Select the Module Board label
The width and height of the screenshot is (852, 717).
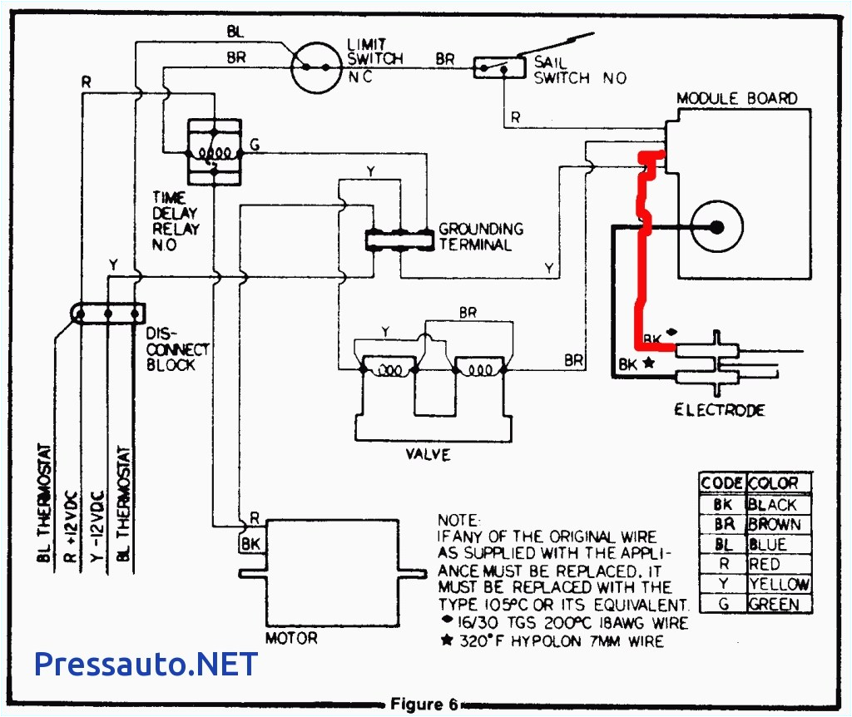736,98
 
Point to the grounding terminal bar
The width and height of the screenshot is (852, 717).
399,239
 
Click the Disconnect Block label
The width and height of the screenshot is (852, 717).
177,349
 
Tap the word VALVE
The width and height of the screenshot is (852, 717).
428,454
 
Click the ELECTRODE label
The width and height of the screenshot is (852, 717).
719,409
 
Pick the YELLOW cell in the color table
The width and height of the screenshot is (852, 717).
778,584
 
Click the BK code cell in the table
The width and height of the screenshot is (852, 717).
722,504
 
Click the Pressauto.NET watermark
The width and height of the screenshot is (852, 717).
146,663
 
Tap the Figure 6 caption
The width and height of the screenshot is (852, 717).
425,705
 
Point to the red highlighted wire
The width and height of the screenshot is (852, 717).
641,266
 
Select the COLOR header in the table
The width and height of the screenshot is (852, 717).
773,483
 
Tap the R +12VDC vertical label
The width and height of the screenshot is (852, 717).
72,516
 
